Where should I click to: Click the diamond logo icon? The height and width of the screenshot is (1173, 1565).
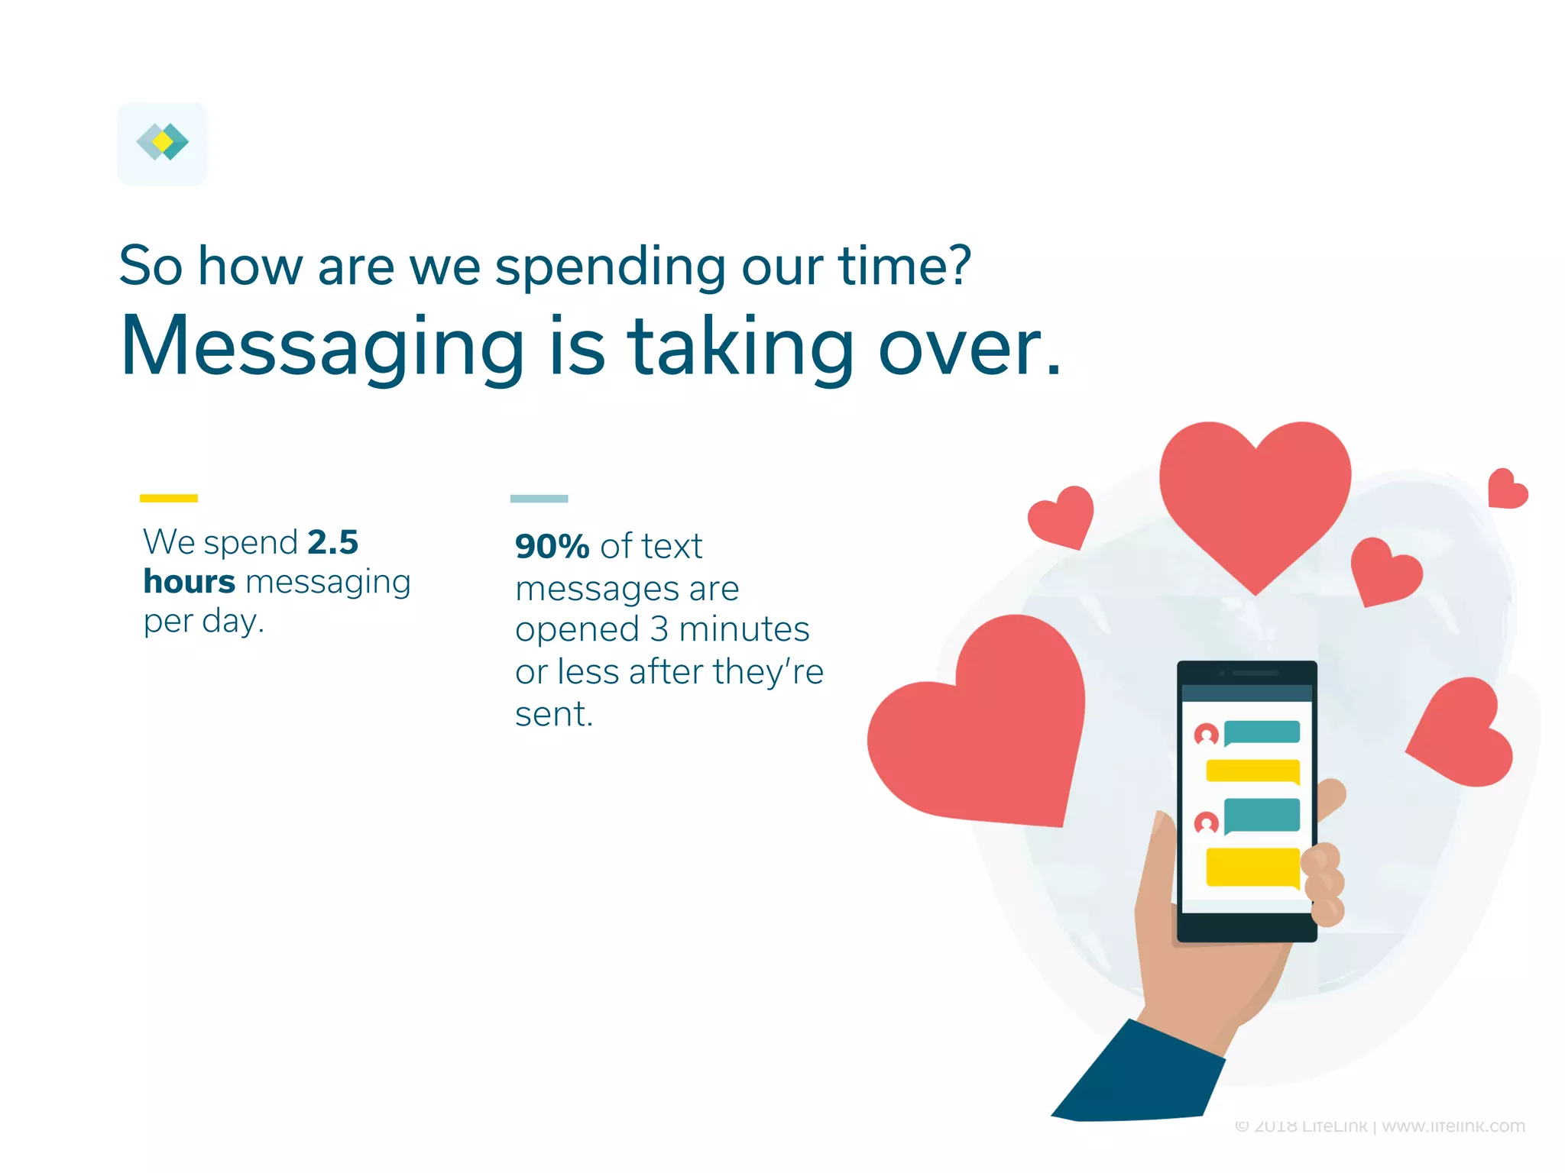tap(162, 143)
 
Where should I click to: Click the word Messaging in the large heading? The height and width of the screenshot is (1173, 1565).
tap(322, 347)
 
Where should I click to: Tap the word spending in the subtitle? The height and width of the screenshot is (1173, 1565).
tap(610, 267)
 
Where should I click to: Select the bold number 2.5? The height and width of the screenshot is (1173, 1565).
tap(332, 542)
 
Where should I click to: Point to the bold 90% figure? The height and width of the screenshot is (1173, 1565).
tap(552, 547)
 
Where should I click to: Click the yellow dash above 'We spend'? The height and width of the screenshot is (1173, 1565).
tap(168, 498)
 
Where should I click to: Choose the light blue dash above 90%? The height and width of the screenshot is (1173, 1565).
tap(539, 499)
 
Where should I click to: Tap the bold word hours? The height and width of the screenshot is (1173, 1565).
tap(189, 582)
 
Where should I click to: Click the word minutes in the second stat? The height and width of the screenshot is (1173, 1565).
tap(744, 630)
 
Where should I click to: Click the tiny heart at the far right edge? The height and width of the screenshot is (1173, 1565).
tap(1506, 490)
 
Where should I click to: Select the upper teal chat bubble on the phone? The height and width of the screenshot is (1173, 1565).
tap(1262, 732)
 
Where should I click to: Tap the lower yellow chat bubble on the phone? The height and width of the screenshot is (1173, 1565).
tap(1252, 867)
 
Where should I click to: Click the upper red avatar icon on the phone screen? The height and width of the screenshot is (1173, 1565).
tap(1206, 735)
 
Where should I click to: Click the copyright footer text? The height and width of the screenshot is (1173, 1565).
tap(1379, 1126)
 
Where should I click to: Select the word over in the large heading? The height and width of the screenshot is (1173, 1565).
tap(969, 347)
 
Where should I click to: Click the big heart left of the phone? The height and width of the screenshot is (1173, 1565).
tap(982, 729)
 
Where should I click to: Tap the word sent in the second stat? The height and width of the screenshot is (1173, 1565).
tap(553, 715)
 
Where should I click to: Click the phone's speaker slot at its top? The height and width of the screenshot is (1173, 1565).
tap(1254, 673)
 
